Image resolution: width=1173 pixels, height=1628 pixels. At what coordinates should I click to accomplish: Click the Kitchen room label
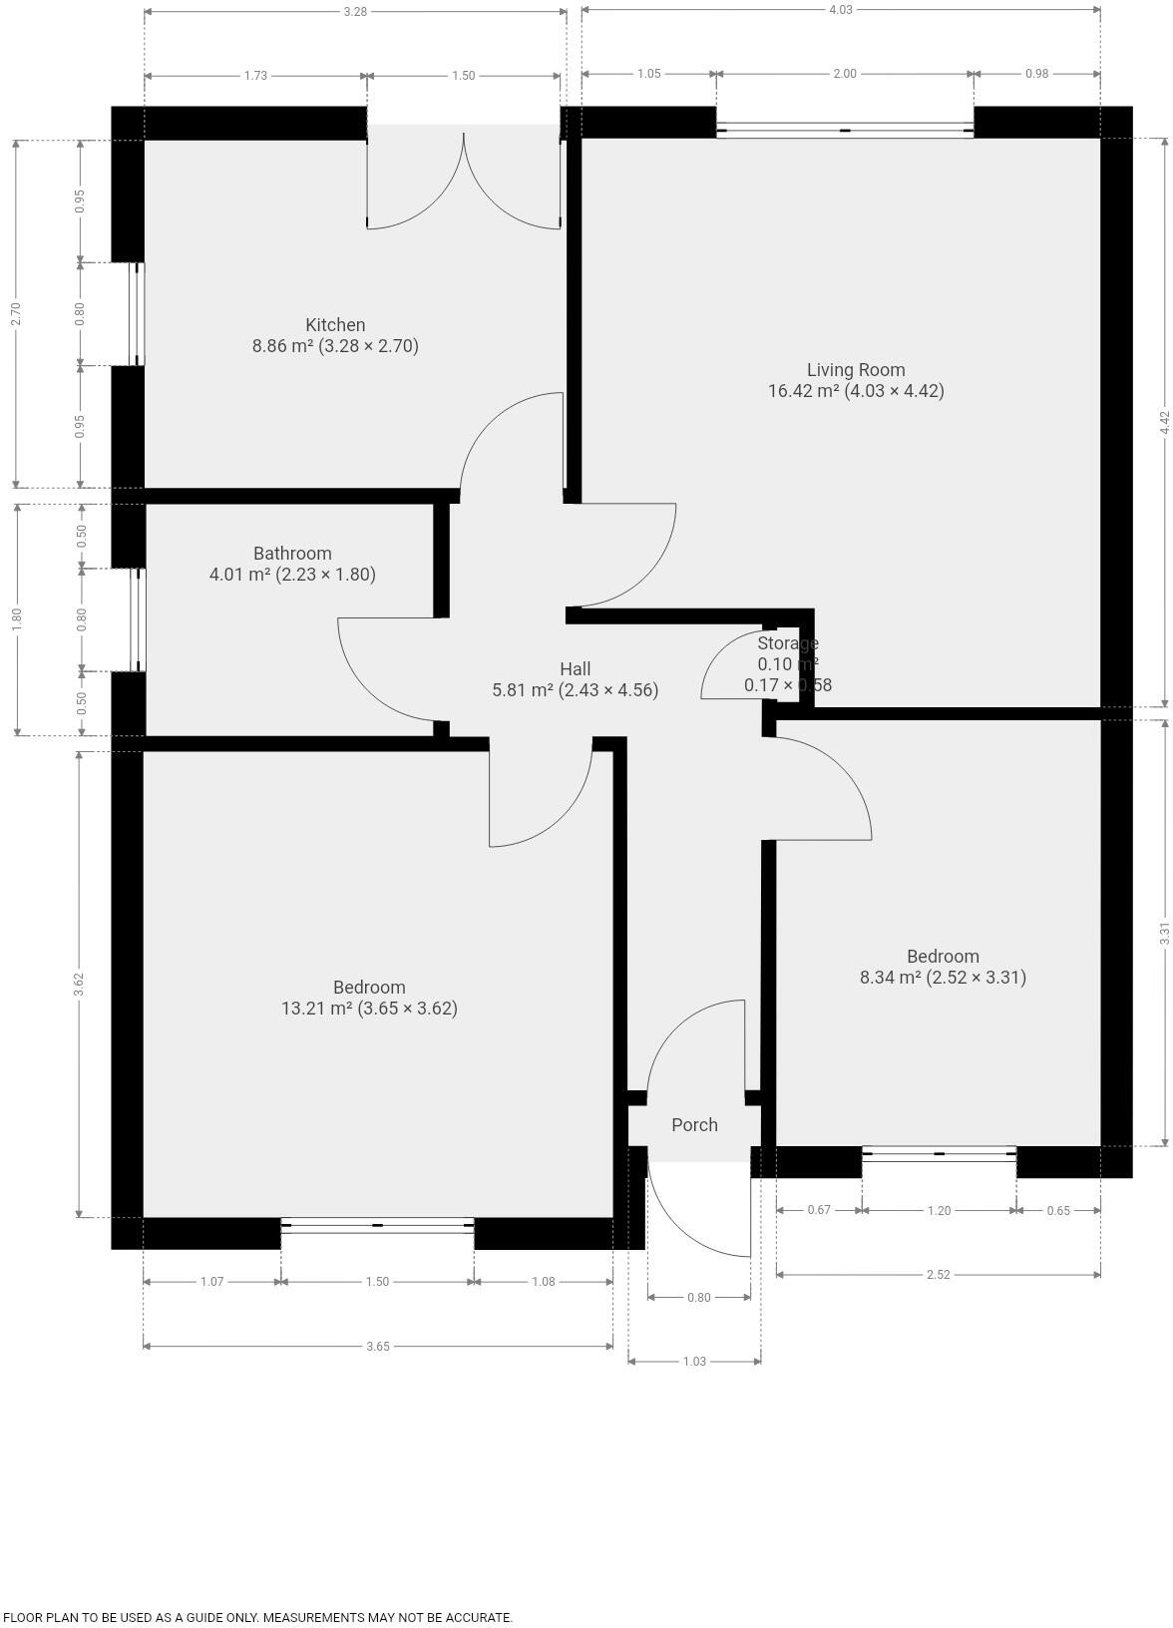coord(335,325)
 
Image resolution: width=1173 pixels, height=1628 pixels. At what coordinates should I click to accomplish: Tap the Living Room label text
coord(856,370)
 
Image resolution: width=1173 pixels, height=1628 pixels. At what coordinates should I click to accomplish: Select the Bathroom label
coord(292,554)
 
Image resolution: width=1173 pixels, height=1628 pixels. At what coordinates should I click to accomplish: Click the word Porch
coord(694,1125)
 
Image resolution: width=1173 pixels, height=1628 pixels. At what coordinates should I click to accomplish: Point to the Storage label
coord(787,643)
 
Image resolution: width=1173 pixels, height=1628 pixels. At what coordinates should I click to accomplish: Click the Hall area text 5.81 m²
coord(523,690)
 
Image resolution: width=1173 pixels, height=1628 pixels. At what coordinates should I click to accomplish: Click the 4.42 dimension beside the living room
coord(1164,422)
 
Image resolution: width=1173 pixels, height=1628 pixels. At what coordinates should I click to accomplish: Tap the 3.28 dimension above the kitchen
coord(354,12)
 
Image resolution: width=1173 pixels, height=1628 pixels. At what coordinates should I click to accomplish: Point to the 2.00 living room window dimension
coord(845,74)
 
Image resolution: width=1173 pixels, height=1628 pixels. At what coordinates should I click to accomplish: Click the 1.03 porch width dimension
coord(694,1361)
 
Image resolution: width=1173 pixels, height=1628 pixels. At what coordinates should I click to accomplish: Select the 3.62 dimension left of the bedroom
coord(79,984)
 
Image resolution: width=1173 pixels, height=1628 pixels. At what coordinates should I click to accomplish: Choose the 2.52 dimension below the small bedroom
coord(938,1274)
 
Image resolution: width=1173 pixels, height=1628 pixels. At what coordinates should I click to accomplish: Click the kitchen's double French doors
coord(464,180)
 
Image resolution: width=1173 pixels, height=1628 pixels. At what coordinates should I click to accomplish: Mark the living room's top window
coord(845,131)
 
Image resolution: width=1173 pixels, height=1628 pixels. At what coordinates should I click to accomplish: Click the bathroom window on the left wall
coord(140,619)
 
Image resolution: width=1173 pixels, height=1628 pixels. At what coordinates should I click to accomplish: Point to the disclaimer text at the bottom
coord(257,1618)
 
